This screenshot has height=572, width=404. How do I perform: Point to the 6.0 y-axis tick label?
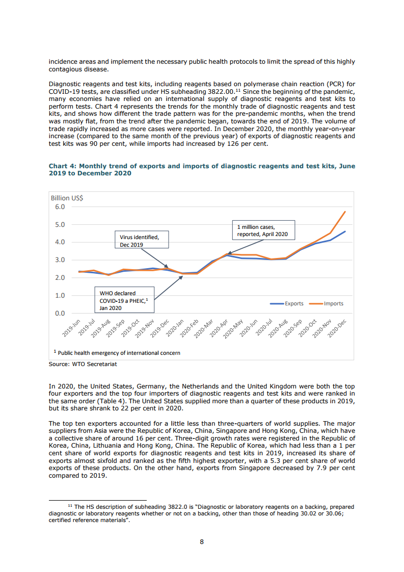coord(60,207)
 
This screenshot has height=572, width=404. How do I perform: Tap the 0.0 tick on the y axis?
coord(60,313)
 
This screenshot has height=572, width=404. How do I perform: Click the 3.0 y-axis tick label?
coord(60,260)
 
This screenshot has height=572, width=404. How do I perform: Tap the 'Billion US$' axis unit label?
coord(67,198)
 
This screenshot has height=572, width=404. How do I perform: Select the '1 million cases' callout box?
coord(262,230)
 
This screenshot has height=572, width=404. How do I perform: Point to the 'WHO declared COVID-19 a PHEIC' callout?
coord(124,301)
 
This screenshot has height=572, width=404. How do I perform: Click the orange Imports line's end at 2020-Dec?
coord(345,212)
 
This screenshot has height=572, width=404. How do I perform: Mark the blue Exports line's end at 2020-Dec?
coord(345,231)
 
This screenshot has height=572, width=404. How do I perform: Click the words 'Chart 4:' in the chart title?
coord(63,166)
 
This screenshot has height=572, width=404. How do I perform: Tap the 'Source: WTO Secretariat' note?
coord(79,364)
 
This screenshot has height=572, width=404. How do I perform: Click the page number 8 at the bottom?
coord(202,542)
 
